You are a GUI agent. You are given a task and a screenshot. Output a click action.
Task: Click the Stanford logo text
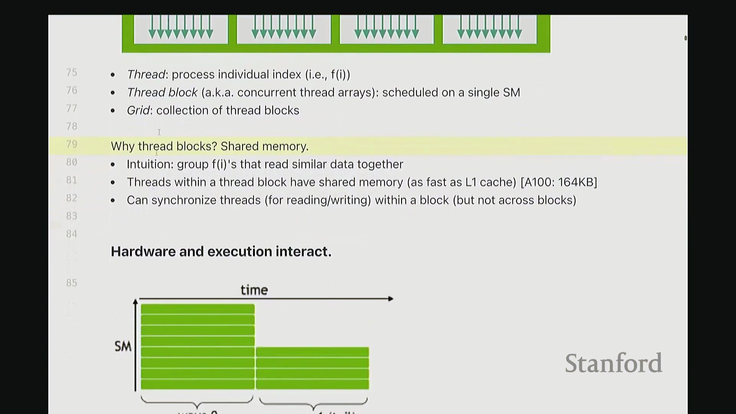point(613,363)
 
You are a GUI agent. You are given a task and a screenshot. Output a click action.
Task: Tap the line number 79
point(72,144)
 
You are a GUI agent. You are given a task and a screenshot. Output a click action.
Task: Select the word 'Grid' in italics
point(138,110)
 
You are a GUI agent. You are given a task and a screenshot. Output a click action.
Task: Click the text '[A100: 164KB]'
point(559,182)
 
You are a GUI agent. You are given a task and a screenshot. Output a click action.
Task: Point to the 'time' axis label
point(254,290)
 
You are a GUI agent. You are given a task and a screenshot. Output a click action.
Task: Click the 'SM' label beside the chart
point(123,347)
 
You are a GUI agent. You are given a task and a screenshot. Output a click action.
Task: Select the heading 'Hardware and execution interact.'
point(221,251)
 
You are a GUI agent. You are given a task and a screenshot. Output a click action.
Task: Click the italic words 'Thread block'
point(162,92)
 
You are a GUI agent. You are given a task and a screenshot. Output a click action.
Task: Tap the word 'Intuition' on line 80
point(149,164)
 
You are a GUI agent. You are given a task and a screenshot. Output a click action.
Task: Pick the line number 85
point(72,283)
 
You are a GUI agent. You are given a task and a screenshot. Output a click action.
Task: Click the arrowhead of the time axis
point(391,299)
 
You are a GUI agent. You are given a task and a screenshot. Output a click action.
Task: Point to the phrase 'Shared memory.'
point(264,146)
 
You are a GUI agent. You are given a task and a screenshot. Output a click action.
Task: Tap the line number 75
point(72,72)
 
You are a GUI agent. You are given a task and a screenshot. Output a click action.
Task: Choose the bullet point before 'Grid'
point(113,111)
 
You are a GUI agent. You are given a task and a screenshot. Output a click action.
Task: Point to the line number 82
point(72,198)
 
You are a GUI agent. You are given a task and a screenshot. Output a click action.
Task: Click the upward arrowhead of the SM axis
point(135,302)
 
